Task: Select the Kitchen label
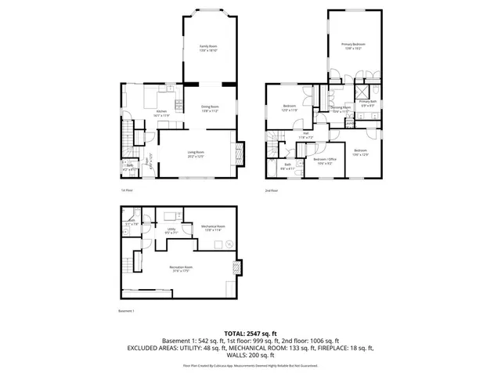pyautogui.click(x=161, y=112)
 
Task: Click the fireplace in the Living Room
pyautogui.click(x=240, y=150)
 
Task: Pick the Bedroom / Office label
pyautogui.click(x=324, y=160)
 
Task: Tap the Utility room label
pyautogui.click(x=171, y=230)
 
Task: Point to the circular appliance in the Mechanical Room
pyautogui.click(x=229, y=244)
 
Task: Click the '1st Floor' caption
pyautogui.click(x=128, y=190)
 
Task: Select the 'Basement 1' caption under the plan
pyautogui.click(x=127, y=312)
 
